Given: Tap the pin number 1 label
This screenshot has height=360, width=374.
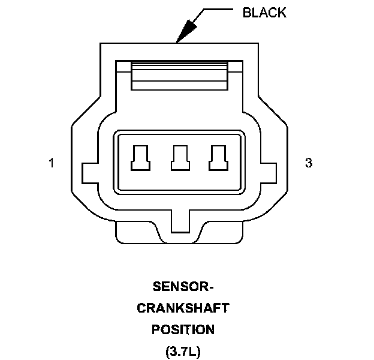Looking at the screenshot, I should point(52,163).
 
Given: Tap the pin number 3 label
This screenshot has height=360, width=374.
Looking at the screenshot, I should point(309,163).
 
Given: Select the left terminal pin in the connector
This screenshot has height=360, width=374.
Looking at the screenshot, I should point(140,158).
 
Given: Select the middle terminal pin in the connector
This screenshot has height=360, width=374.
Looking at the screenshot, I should point(178,158).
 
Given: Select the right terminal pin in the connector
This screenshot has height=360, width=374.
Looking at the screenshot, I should point(216,158).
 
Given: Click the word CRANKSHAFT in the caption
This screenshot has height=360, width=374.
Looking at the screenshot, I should point(183,308).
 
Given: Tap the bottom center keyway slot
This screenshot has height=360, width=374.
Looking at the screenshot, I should point(180,221).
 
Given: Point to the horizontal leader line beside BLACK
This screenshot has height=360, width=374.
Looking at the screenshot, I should point(219,10).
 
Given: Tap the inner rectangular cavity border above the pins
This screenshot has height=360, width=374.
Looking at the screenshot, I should point(178,136).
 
